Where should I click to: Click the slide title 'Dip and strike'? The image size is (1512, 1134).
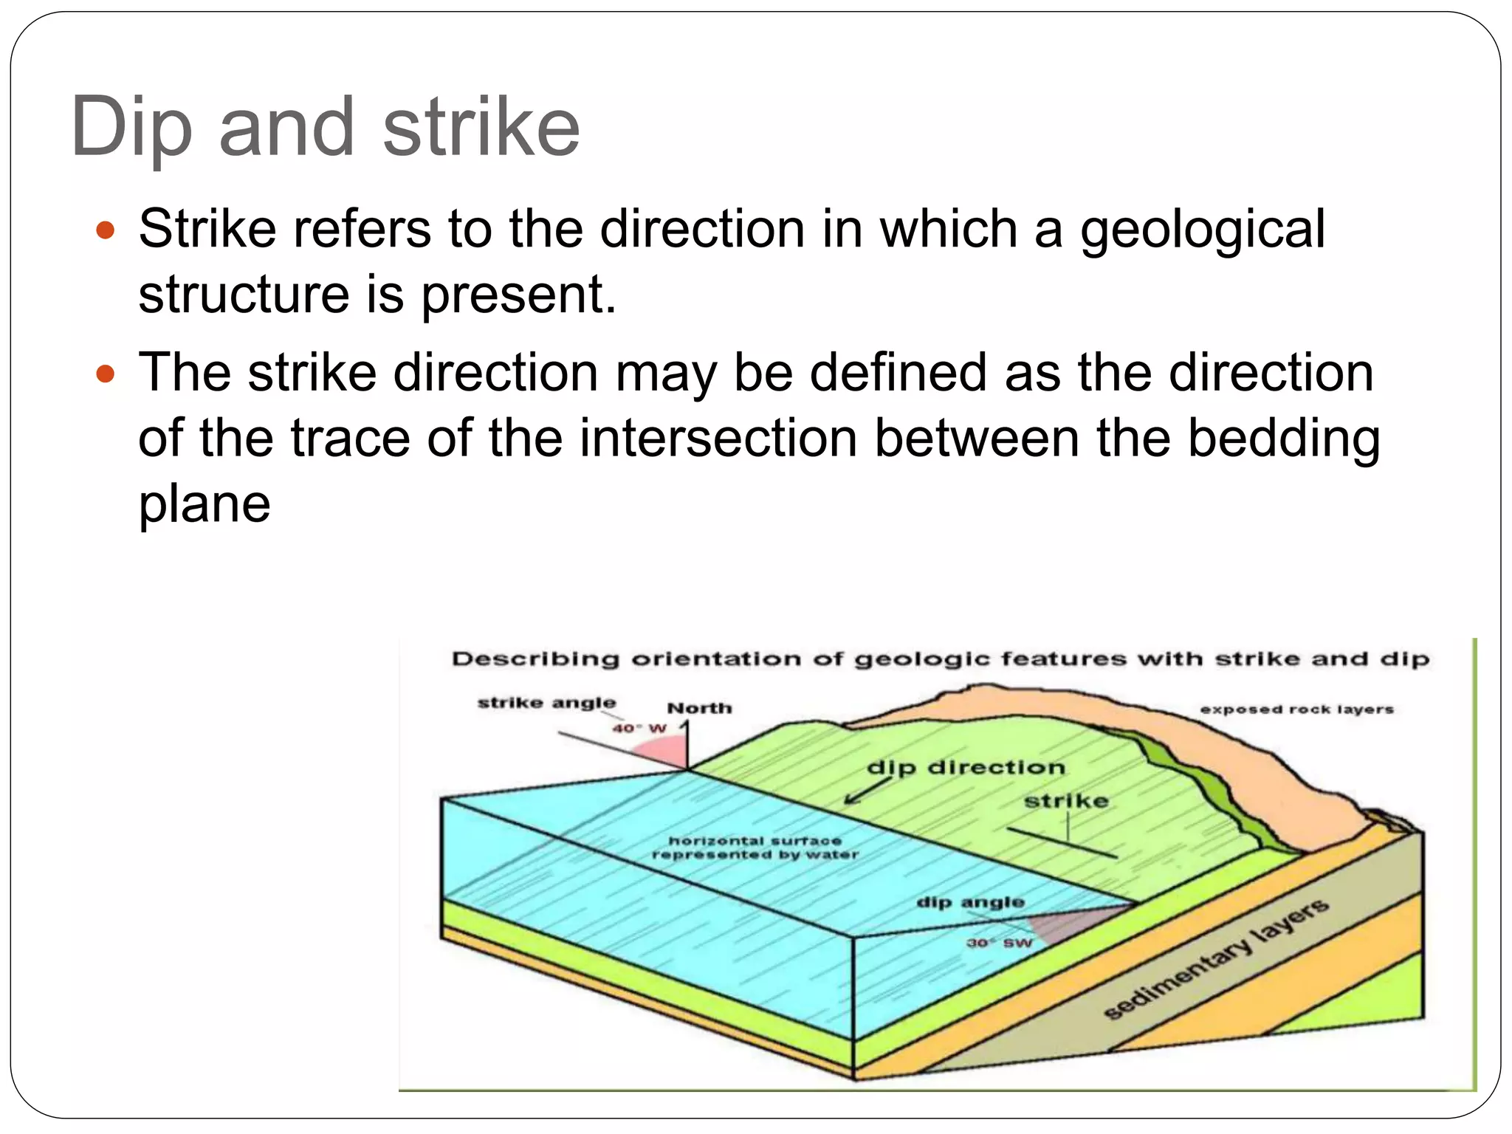tap(326, 127)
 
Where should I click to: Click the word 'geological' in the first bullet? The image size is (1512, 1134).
tap(1203, 229)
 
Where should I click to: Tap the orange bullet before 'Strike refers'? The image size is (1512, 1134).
tap(106, 230)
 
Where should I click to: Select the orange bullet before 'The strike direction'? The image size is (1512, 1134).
tap(106, 374)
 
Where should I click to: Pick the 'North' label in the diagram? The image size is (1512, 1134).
tap(699, 708)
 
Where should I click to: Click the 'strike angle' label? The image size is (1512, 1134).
tap(546, 702)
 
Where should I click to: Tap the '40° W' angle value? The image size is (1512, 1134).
tap(639, 729)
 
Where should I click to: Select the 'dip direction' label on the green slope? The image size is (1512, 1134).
tap(966, 768)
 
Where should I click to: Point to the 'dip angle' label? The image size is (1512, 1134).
tap(970, 902)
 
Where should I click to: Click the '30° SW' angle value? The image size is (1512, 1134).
tap(1000, 943)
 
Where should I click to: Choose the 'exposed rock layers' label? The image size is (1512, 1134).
tap(1296, 709)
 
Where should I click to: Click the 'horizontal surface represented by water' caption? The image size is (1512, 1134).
tap(755, 848)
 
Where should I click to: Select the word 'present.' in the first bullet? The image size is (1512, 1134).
tap(518, 295)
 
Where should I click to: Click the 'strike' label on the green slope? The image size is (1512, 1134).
tap(1066, 801)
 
